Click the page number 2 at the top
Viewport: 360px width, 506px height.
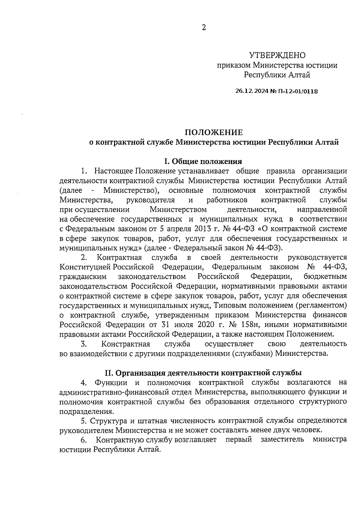tap(204, 28)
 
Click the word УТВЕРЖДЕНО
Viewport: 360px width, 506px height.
tap(277, 55)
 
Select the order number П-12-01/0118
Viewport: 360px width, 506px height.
tap(294, 91)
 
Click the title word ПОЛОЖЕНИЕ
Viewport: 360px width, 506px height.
tap(213, 132)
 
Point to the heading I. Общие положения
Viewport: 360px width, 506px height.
tap(203, 162)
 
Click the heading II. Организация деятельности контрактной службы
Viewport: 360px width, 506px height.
tap(203, 373)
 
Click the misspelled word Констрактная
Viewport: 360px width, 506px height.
tap(126, 344)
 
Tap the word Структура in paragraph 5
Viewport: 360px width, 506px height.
tap(105, 421)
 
